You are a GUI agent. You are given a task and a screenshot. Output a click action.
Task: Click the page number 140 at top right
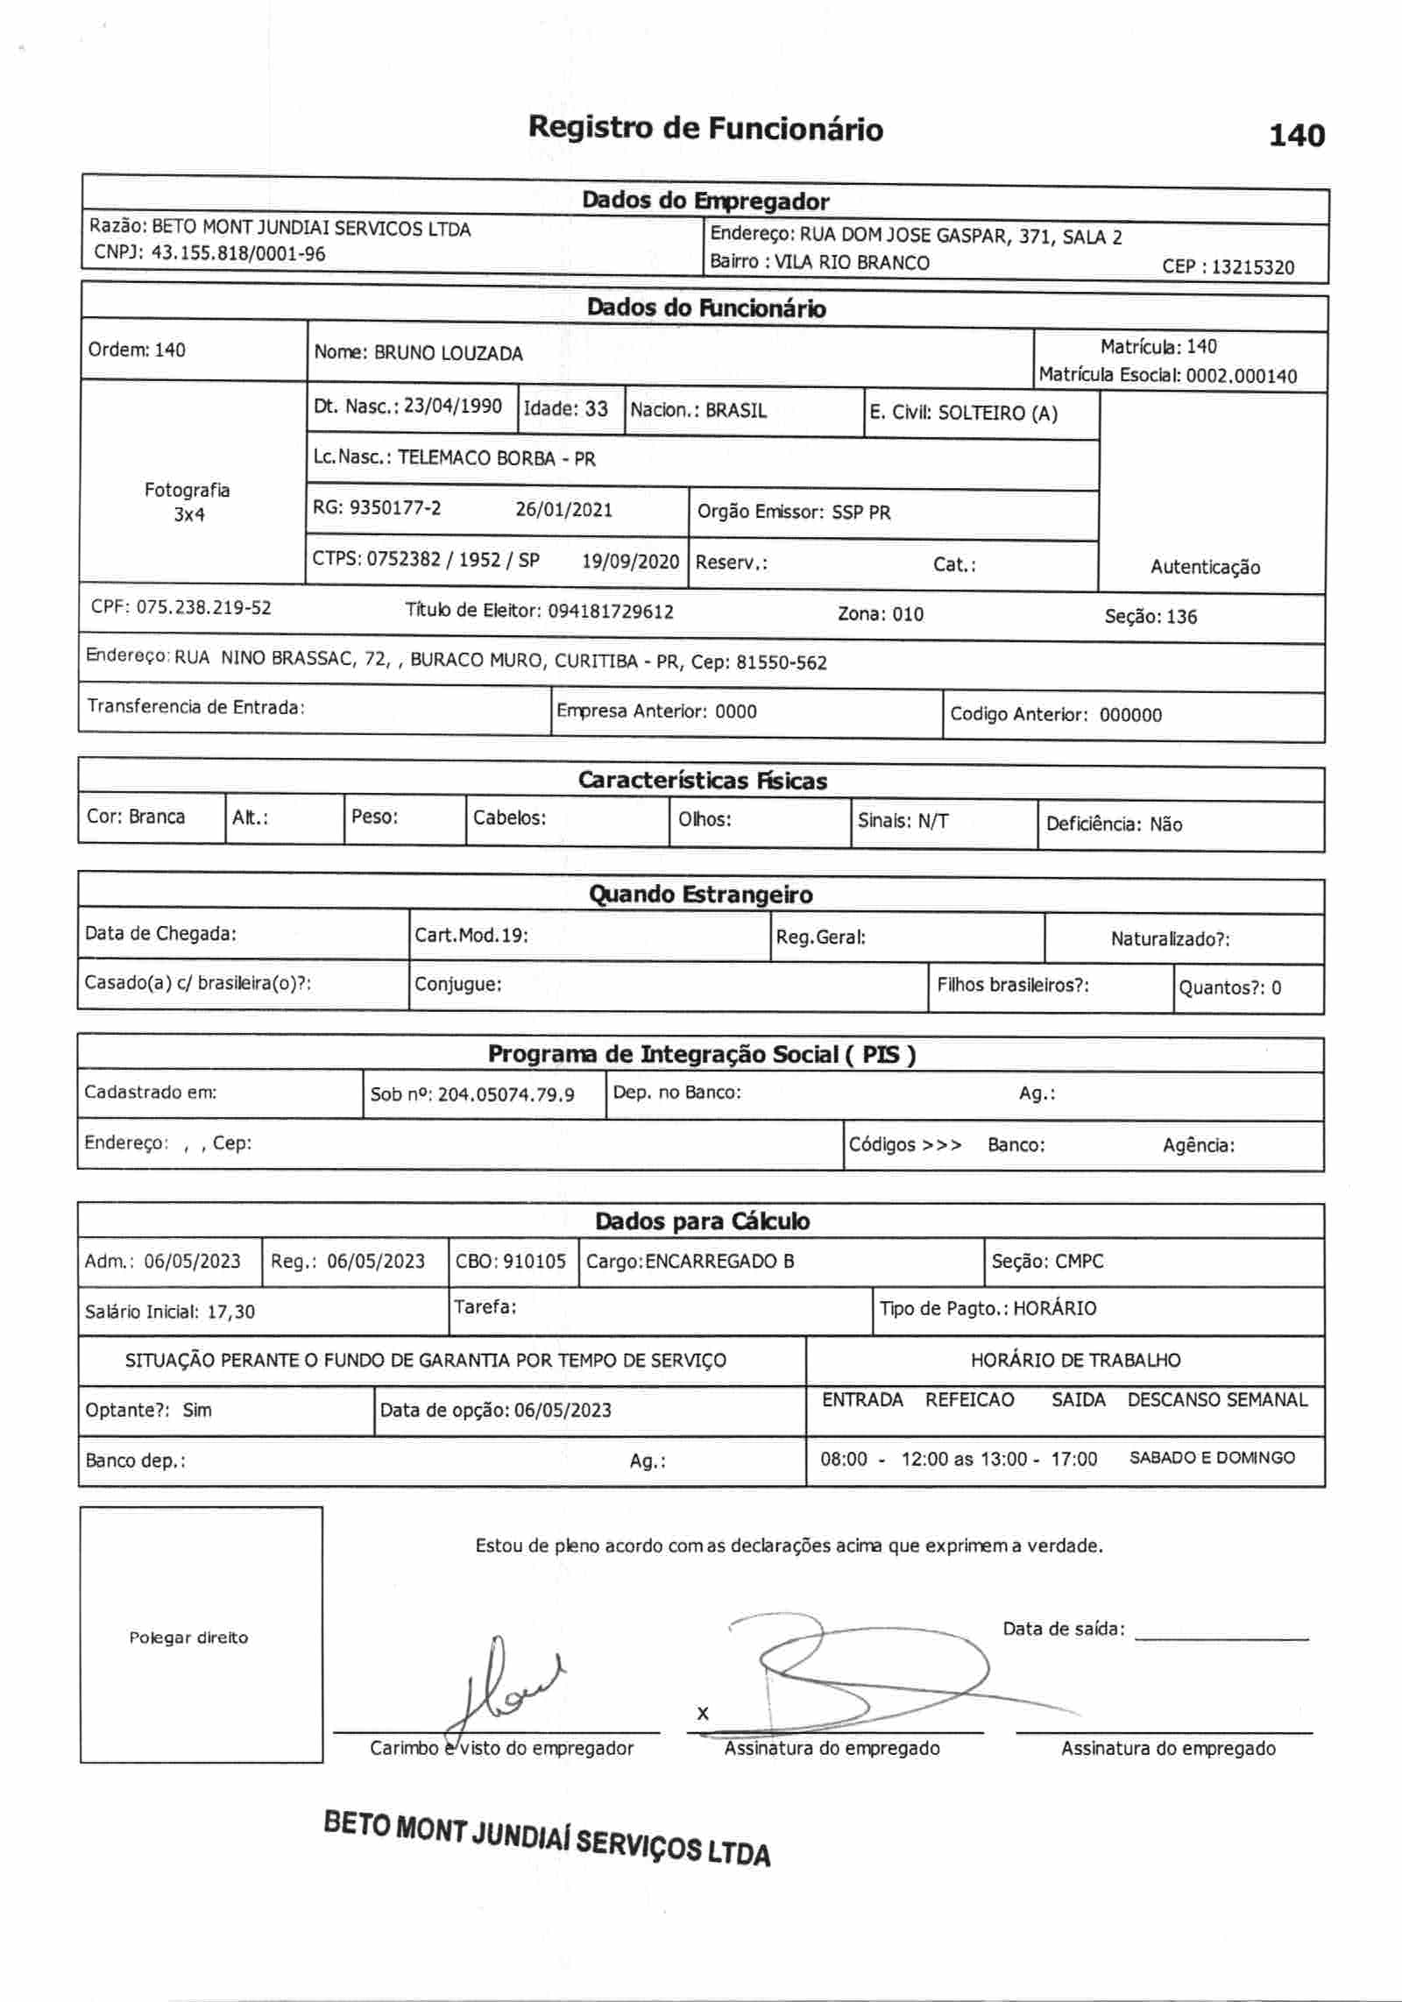pos(1296,136)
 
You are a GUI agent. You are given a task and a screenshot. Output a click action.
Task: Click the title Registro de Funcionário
pos(705,129)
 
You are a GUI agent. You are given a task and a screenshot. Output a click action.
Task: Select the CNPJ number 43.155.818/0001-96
pos(238,254)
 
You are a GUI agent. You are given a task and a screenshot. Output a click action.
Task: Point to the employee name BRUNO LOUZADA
pos(448,354)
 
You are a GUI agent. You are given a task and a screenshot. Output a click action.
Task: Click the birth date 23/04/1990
pos(453,407)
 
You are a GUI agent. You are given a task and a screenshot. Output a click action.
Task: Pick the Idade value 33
pos(597,409)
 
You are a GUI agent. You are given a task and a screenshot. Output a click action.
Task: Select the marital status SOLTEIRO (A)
pos(997,414)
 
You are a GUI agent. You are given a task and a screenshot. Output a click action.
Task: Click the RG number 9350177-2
pos(395,508)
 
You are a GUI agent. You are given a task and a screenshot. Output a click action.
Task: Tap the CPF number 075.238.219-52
pos(203,608)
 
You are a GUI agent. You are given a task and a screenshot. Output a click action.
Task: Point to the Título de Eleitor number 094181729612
pos(611,612)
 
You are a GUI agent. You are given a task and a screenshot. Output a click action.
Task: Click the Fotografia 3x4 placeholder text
pos(188,502)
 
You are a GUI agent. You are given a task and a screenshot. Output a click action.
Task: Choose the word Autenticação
pos(1205,568)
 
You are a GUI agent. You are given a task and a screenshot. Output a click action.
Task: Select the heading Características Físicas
pos(702,781)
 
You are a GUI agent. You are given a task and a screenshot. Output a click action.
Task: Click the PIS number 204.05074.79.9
pos(506,1094)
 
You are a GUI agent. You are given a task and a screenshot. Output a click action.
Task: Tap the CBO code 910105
pos(535,1262)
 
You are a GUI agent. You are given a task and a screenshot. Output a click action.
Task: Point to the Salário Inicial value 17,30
pos(231,1312)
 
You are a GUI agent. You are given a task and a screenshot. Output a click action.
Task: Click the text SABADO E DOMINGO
pos(1212,1458)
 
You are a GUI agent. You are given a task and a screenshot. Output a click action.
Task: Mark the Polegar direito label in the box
pos(188,1638)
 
